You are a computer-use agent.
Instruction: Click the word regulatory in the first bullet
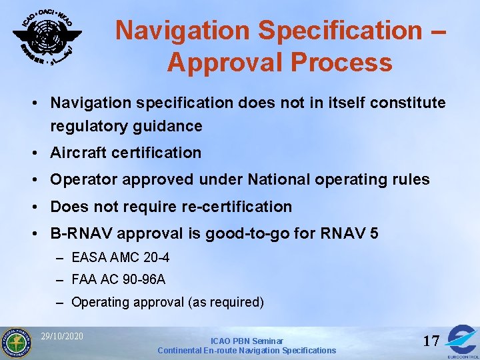89,125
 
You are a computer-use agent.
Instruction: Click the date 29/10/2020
61,336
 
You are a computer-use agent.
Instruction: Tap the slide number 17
431,341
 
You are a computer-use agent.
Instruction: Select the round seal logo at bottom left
16,343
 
